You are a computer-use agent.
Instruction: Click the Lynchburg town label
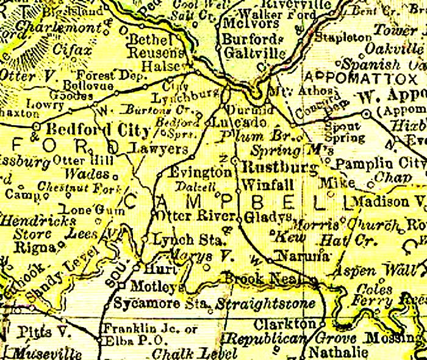pyautogui.click(x=176, y=98)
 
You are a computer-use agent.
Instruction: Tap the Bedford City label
pyautogui.click(x=98, y=131)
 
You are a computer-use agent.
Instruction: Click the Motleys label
pyautogui.click(x=148, y=286)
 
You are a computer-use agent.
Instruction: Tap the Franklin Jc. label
pyautogui.click(x=149, y=329)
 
